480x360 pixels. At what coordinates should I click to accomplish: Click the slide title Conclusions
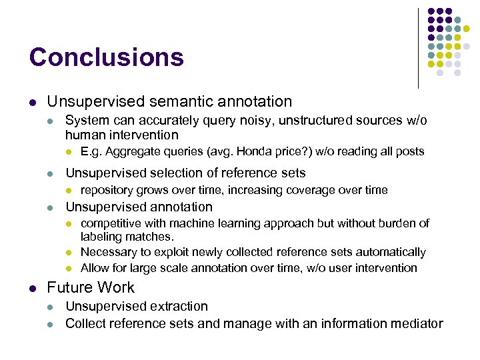point(106,57)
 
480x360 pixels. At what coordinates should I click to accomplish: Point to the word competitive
point(110,223)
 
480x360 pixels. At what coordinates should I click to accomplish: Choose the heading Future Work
point(91,288)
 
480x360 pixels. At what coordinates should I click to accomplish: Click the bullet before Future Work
point(32,289)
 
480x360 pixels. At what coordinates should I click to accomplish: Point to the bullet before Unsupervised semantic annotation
point(32,102)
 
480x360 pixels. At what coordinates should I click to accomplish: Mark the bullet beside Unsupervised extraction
point(51,307)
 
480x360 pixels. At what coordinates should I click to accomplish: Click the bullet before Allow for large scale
point(69,269)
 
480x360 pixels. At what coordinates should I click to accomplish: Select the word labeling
point(101,237)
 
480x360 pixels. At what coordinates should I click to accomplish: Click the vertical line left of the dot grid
point(418,47)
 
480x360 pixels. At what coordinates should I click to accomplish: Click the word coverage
point(310,190)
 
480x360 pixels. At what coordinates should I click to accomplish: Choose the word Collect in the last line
point(87,323)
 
